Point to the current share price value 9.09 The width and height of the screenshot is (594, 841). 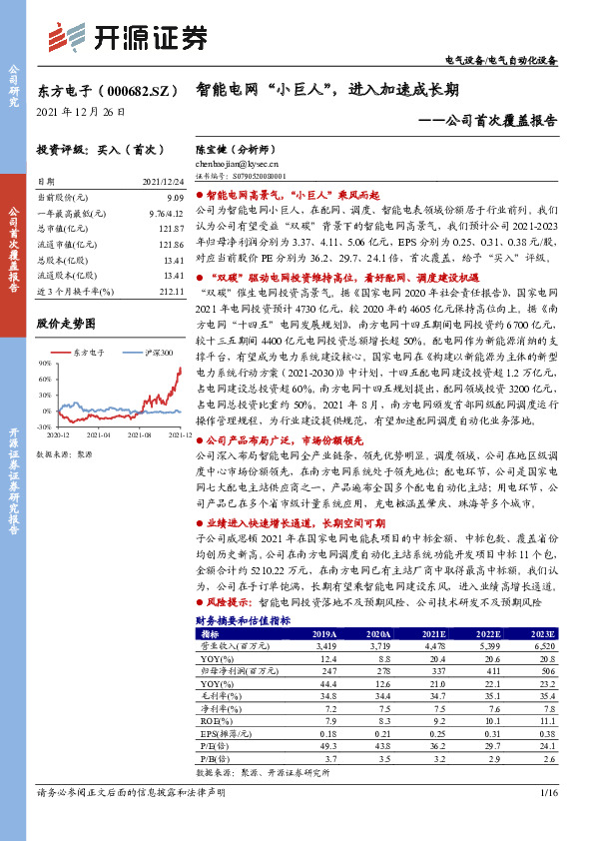click(x=176, y=197)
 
